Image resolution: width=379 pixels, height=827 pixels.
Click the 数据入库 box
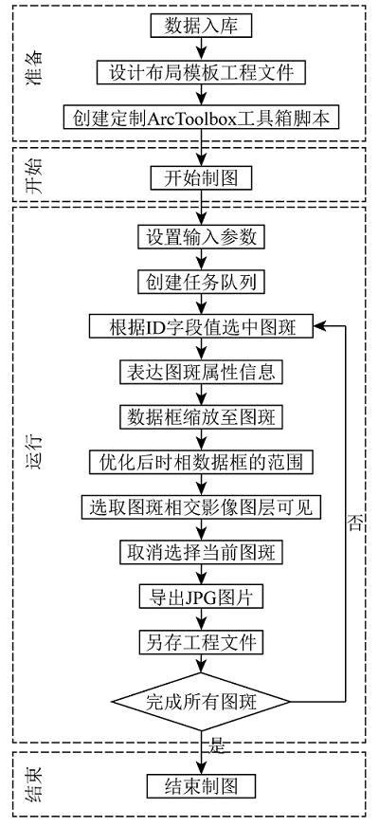point(201,26)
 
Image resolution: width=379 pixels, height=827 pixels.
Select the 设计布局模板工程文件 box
point(201,71)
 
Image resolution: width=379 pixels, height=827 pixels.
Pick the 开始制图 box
point(201,177)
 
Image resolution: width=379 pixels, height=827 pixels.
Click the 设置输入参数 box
point(201,238)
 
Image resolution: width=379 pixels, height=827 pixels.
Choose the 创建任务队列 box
point(201,284)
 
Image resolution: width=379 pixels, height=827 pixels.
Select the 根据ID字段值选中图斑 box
point(201,327)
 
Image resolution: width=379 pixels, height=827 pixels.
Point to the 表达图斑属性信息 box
point(201,373)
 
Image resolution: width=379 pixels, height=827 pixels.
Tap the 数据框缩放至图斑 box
point(201,417)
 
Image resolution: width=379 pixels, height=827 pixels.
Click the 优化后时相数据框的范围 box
point(201,463)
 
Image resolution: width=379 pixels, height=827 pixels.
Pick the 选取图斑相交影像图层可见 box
point(201,508)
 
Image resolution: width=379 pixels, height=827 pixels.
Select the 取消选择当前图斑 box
point(201,553)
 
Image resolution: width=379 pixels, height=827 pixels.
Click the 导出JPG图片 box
point(201,597)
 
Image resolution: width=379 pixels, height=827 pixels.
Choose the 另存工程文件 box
point(201,642)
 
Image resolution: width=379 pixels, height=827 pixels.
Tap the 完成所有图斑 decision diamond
point(201,702)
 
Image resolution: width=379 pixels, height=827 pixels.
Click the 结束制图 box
point(201,786)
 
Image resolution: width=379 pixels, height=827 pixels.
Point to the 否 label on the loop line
point(355,523)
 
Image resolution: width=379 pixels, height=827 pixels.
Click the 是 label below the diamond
point(217,745)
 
